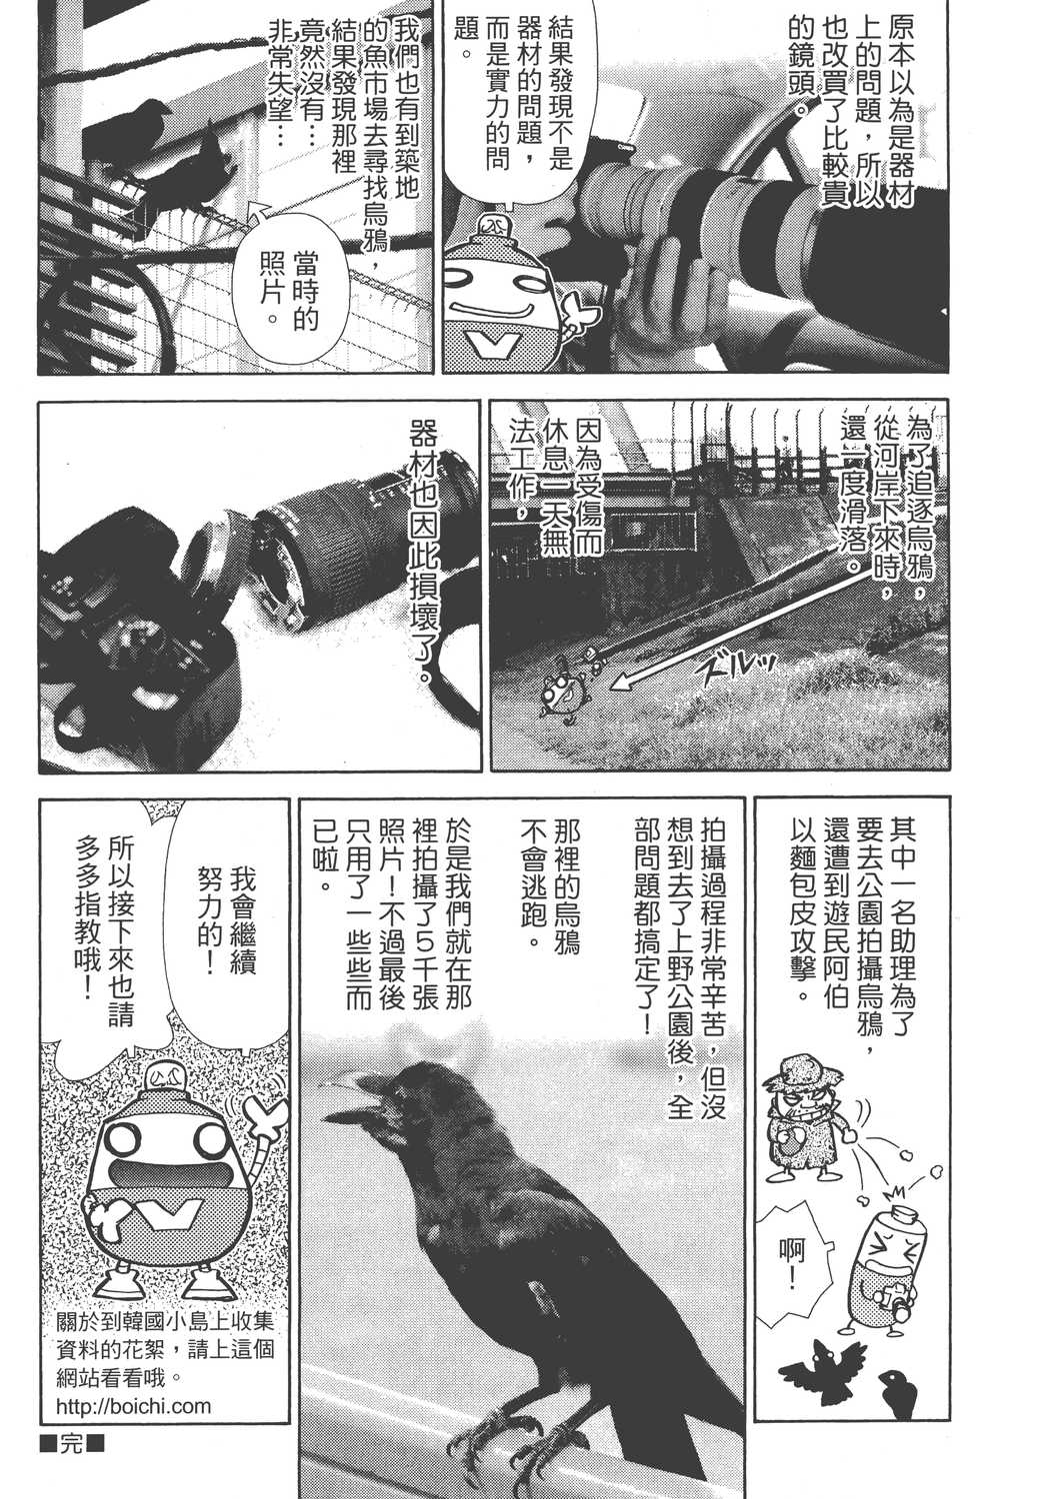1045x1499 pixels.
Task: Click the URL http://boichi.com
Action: coord(135,1406)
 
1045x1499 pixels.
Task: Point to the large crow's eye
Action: coord(394,1079)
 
